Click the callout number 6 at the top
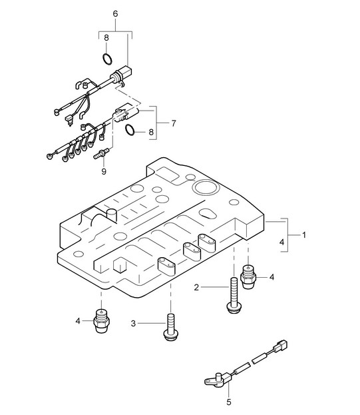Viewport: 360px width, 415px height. pyautogui.click(x=115, y=14)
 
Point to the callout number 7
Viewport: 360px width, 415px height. pyautogui.click(x=174, y=123)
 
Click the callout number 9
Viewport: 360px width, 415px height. pyautogui.click(x=104, y=171)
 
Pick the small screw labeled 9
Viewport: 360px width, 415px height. pyautogui.click(x=101, y=153)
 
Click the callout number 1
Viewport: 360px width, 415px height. pyautogui.click(x=304, y=235)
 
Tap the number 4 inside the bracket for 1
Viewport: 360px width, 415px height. pyautogui.click(x=281, y=242)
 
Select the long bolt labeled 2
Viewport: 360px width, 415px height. pyautogui.click(x=234, y=295)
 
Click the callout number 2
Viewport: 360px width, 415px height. pyautogui.click(x=196, y=287)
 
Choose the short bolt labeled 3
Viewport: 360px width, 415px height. pyautogui.click(x=171, y=327)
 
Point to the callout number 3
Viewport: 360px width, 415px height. pyautogui.click(x=133, y=324)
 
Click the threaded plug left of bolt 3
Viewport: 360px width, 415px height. pyautogui.click(x=102, y=321)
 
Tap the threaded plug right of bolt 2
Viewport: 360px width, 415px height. pyautogui.click(x=248, y=277)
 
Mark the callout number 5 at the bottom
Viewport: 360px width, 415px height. pyautogui.click(x=229, y=402)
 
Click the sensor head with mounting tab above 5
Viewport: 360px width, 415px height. pyautogui.click(x=215, y=380)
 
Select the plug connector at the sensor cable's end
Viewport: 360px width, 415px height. pyautogui.click(x=281, y=346)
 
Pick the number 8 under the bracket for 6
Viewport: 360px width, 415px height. pyautogui.click(x=106, y=38)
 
